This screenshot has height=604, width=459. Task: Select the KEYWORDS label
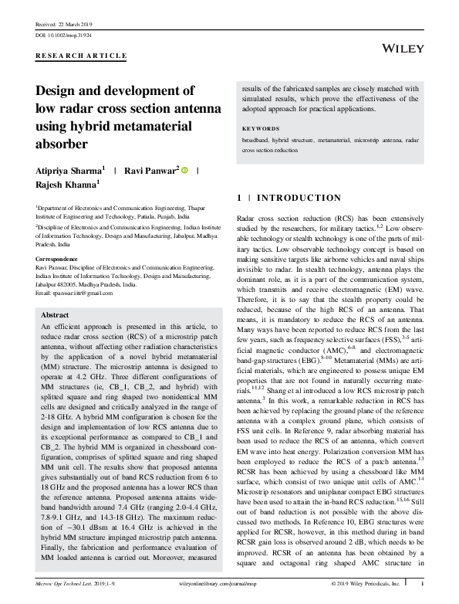pos(261,128)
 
